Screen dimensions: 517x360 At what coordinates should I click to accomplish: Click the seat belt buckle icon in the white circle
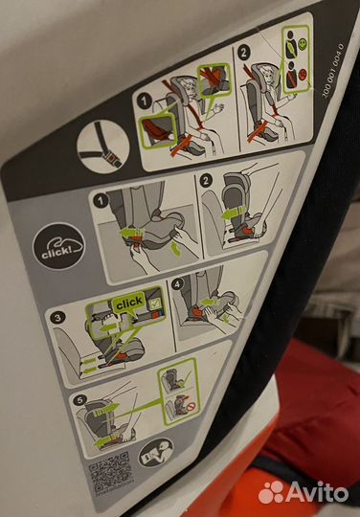click(102, 147)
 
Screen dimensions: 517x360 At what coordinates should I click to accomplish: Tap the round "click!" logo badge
click(58, 248)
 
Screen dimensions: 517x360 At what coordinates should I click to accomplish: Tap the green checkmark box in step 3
click(152, 303)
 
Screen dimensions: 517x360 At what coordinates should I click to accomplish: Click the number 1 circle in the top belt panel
click(143, 101)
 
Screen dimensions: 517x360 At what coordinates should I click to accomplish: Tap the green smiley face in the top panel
click(299, 44)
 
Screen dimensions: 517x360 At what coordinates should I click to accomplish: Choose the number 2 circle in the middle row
click(207, 180)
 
